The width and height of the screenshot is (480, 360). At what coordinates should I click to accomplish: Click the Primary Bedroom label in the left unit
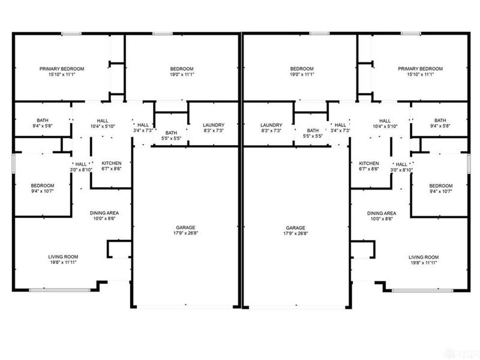62,69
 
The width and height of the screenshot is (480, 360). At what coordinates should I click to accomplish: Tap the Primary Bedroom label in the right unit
420,69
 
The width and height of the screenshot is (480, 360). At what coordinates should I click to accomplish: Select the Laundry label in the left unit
213,124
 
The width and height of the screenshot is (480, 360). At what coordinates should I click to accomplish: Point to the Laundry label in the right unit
271,124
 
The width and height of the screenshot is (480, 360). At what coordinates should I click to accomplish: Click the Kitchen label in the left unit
112,163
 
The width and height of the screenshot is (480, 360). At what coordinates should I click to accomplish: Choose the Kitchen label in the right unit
368,163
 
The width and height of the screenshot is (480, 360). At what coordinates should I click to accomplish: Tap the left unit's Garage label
185,228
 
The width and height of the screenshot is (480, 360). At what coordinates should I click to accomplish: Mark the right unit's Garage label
296,228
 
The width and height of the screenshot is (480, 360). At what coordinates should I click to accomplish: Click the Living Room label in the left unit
62,257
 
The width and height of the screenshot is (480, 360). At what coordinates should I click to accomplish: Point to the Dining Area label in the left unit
103,213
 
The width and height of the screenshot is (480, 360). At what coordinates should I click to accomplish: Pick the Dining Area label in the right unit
382,213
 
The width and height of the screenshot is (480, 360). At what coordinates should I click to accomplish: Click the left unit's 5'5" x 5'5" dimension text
172,139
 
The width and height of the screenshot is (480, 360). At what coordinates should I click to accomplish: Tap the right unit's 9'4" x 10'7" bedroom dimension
440,193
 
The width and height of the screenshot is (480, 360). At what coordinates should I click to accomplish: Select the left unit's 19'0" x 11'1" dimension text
181,75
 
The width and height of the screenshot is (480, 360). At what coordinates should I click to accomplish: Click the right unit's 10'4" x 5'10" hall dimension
385,126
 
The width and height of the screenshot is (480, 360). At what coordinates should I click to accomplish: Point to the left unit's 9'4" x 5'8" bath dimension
43,126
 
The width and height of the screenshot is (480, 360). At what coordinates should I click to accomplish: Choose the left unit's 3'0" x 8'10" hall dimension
80,170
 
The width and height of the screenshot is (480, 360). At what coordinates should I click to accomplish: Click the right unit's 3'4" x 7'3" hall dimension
340,130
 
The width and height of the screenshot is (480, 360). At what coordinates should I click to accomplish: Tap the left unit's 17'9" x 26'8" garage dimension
185,234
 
